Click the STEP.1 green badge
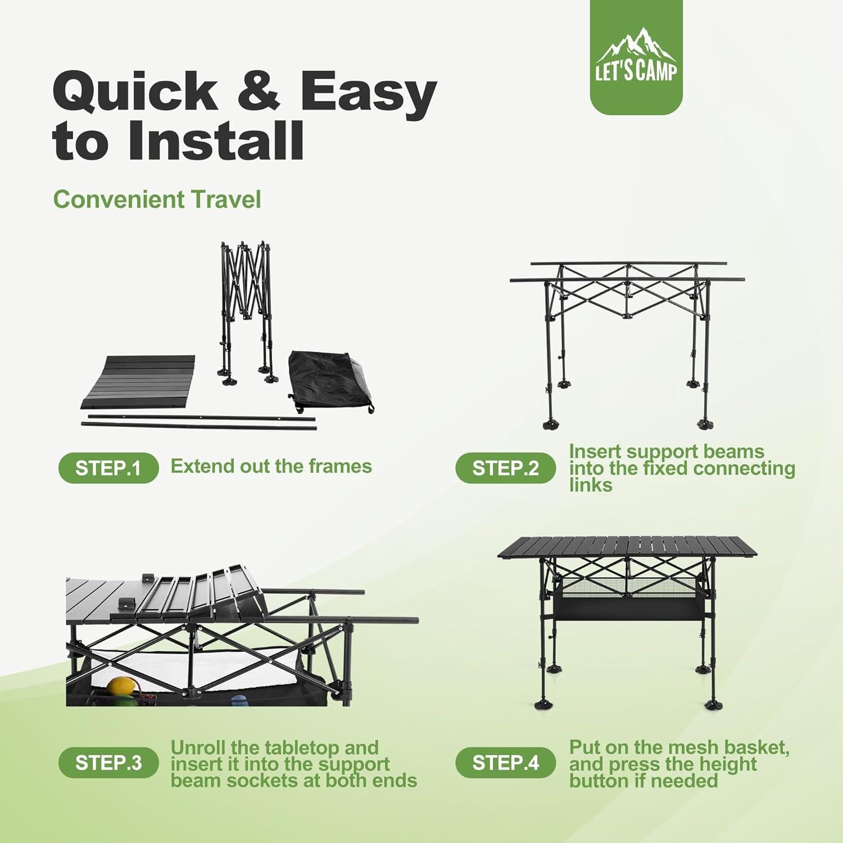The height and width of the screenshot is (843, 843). click(108, 468)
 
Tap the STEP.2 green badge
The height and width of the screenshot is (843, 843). click(505, 468)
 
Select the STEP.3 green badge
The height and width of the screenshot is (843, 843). click(108, 763)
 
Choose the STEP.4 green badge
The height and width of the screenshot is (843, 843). click(505, 763)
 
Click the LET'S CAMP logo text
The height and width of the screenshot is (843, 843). click(636, 72)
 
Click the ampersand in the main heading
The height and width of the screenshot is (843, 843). click(258, 91)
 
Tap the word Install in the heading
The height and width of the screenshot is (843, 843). click(216, 140)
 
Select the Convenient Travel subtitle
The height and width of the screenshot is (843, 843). click(157, 200)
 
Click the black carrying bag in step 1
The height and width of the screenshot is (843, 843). click(329, 382)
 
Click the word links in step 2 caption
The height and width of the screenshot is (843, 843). click(590, 485)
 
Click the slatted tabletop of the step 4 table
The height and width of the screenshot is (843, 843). click(627, 546)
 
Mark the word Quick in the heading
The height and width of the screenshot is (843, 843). click(135, 91)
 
